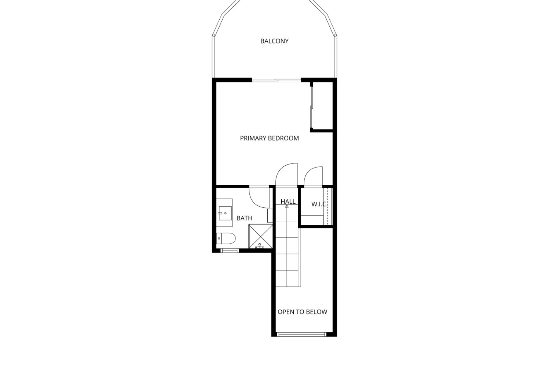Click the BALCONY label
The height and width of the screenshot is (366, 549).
274,41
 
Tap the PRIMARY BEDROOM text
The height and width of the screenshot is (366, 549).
269,138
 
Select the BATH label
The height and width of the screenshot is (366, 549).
244,218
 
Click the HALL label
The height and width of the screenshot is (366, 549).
288,202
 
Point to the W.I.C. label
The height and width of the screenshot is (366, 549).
319,204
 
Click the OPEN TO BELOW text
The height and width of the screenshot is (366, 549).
303,312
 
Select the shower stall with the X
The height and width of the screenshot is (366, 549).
261,236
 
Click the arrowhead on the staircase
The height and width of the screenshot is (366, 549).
287,206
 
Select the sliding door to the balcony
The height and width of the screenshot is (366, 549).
276,80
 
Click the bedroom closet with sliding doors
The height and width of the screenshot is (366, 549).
322,106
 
